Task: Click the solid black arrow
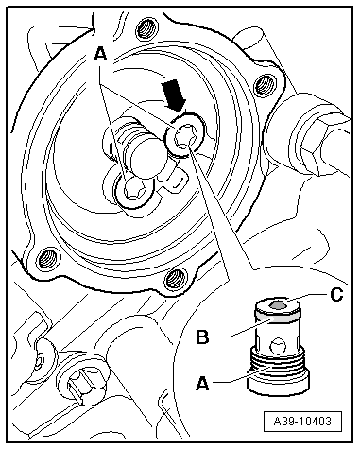point(174,95)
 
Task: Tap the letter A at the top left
point(100,54)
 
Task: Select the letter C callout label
point(336,295)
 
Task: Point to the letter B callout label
point(202,337)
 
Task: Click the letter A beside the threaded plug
point(202,384)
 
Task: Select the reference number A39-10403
point(302,421)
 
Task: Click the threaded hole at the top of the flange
point(146,30)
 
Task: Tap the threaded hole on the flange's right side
point(264,84)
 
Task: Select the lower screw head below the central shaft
point(134,191)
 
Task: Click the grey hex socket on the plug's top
point(278,304)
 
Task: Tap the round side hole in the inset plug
point(278,346)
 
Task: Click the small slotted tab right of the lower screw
point(177,181)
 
